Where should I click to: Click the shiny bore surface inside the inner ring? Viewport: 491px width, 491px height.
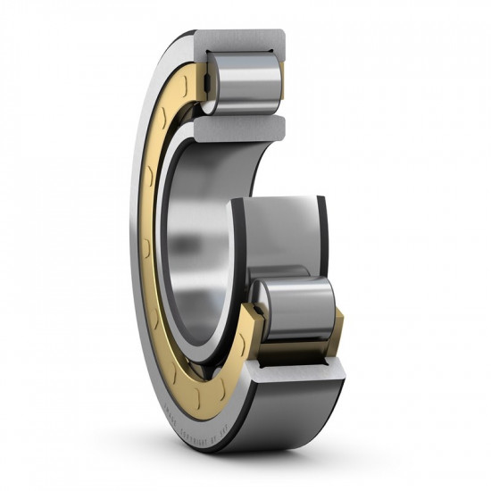pyautogui.click(x=192, y=232)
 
